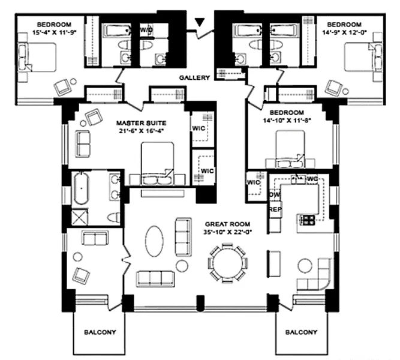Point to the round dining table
227,262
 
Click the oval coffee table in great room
154,241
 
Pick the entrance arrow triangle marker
200,23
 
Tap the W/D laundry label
146,29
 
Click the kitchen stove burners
307,220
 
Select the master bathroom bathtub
81,188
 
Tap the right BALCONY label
301,332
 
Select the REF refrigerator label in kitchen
275,210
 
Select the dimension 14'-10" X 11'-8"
287,120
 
